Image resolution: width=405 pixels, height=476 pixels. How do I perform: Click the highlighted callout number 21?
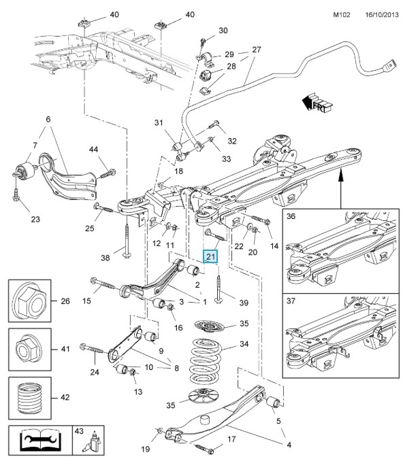(210, 257)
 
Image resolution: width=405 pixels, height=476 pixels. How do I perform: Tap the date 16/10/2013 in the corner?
(382, 15)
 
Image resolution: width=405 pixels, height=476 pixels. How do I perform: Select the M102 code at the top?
(342, 15)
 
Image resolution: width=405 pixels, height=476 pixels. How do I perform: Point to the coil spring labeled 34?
(205, 360)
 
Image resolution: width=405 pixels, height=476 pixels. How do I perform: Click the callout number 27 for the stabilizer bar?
(257, 50)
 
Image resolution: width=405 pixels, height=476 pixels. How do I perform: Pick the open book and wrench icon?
(40, 440)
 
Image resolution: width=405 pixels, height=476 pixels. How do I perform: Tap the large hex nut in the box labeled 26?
(29, 301)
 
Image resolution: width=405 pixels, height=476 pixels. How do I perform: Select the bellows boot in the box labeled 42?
(29, 398)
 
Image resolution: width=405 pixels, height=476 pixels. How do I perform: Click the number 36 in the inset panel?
(291, 216)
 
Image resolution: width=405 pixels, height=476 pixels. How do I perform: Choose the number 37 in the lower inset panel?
(291, 301)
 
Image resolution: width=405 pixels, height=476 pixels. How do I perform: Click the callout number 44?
(93, 149)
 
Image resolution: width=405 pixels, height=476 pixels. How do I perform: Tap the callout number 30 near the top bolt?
(223, 31)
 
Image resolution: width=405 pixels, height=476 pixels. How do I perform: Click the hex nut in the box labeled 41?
(29, 350)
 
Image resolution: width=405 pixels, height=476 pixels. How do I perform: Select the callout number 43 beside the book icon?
(79, 431)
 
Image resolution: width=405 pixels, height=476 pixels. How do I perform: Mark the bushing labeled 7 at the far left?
(25, 171)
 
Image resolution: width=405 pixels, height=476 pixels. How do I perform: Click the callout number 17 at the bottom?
(231, 439)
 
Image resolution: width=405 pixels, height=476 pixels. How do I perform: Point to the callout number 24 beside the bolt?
(95, 371)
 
